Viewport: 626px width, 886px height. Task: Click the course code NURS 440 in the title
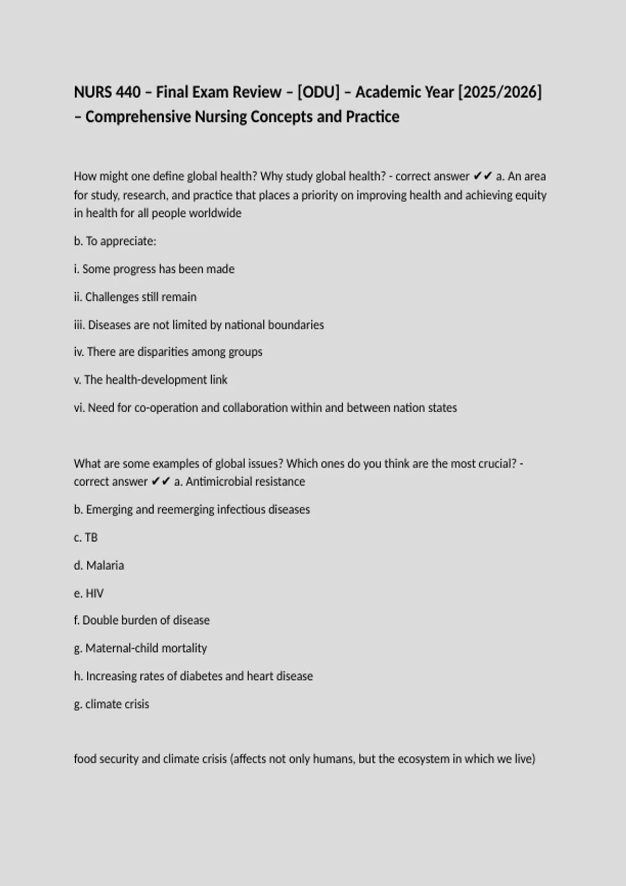pyautogui.click(x=107, y=92)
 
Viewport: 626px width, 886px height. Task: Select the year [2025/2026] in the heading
pyautogui.click(x=500, y=92)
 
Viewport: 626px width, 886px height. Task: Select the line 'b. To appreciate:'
pyautogui.click(x=115, y=241)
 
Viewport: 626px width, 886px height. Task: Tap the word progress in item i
pyautogui.click(x=135, y=269)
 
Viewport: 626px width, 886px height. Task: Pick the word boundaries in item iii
pyautogui.click(x=296, y=325)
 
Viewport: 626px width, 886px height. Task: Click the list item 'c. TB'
pyautogui.click(x=86, y=537)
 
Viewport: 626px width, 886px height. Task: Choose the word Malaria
pyautogui.click(x=105, y=565)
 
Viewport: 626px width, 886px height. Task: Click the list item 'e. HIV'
pyautogui.click(x=89, y=593)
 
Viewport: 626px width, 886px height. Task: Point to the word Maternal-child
pyautogui.click(x=119, y=648)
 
